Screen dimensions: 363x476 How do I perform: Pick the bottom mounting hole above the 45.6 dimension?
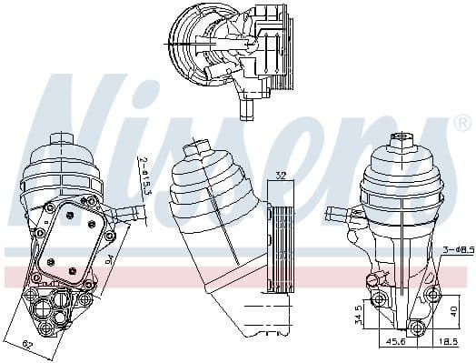click(x=416, y=328)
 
